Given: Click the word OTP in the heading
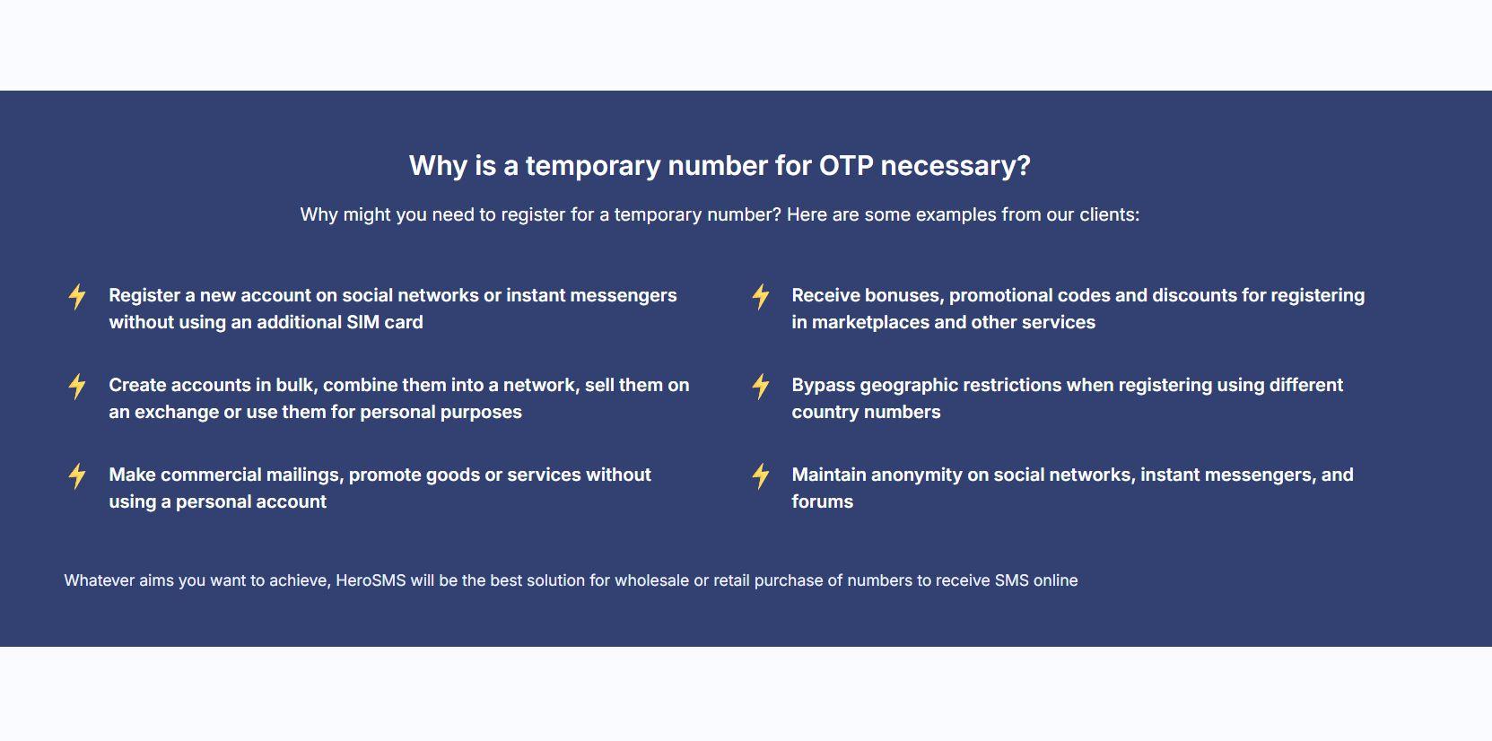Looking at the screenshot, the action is click(846, 166).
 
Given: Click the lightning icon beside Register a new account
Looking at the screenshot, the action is click(77, 296).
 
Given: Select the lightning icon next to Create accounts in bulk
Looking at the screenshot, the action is click(77, 386).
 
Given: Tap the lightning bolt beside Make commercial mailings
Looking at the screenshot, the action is click(77, 476).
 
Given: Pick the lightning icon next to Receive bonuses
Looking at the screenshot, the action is click(761, 296).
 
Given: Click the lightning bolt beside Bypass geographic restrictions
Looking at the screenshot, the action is click(761, 386).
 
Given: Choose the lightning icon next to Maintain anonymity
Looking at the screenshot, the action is click(761, 476).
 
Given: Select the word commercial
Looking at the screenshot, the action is click(211, 475).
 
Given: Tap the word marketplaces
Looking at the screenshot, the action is click(870, 323).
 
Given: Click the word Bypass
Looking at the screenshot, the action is click(824, 386).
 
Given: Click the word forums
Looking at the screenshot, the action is click(822, 501).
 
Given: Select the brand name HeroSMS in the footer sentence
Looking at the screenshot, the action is click(371, 580).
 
